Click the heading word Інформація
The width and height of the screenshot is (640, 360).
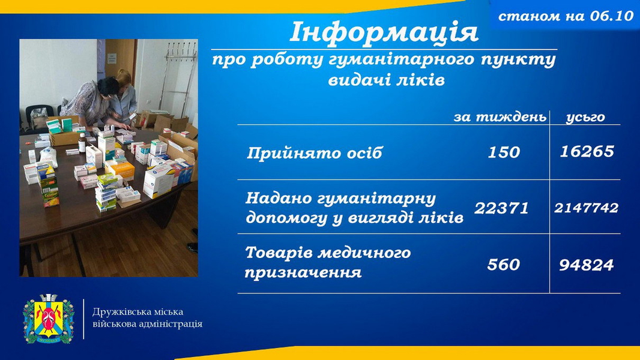click(x=384, y=32)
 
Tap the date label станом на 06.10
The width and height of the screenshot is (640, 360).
click(x=566, y=16)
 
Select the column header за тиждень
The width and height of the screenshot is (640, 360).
click(x=500, y=118)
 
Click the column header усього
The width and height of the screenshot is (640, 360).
click(x=585, y=118)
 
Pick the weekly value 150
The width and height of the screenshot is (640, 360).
click(x=504, y=152)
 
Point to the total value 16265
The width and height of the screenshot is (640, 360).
click(x=587, y=152)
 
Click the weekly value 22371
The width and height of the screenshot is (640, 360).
click(x=502, y=208)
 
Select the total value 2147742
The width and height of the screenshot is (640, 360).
click(x=586, y=208)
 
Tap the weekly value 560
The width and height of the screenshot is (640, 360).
click(x=504, y=265)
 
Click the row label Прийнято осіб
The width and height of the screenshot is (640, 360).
click(x=314, y=153)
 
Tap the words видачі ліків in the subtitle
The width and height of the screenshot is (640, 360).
click(x=386, y=80)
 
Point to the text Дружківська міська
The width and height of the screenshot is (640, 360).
click(x=137, y=312)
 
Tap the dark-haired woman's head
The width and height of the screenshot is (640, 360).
click(x=107, y=87)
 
